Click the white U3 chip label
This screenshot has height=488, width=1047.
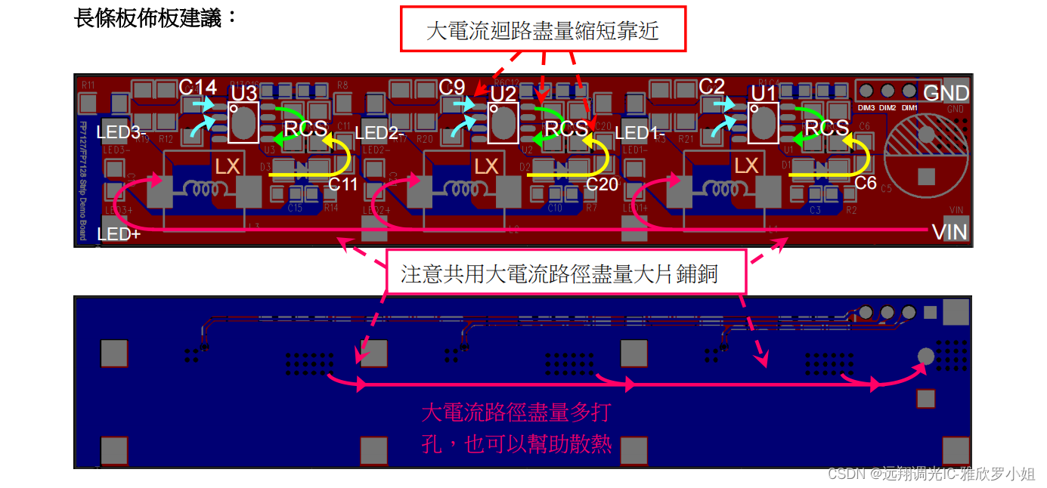[x=244, y=93]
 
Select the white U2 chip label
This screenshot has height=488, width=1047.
[x=503, y=94]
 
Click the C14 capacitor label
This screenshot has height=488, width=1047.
[x=198, y=87]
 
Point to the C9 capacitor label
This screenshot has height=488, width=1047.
[x=452, y=87]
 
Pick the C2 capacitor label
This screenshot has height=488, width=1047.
[x=711, y=87]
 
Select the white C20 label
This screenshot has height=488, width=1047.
[x=602, y=183]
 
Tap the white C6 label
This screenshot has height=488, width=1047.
[x=866, y=183]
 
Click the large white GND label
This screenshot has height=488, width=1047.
[x=946, y=93]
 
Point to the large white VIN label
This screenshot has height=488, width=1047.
[x=949, y=232]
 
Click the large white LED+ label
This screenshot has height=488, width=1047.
[x=119, y=234]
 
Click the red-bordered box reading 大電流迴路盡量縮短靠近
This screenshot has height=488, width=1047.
[x=543, y=30]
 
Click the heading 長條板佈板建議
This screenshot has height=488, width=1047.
[x=155, y=18]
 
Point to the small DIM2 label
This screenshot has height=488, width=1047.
[x=887, y=107]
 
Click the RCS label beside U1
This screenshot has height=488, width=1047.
[x=826, y=128]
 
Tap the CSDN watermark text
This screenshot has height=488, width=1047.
[x=931, y=474]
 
